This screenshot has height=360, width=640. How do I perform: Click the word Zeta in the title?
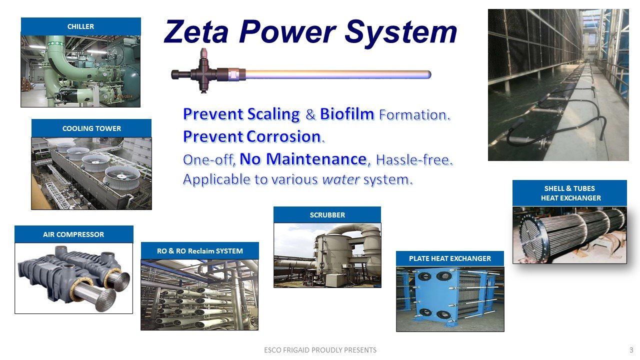[196, 31]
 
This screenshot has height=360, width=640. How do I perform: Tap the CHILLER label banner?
[81, 26]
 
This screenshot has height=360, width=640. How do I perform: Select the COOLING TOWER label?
[91, 128]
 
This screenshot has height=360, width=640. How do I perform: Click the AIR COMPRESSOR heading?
[73, 234]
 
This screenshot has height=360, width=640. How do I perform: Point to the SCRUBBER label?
[327, 215]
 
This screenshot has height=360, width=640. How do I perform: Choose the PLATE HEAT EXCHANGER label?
[449, 258]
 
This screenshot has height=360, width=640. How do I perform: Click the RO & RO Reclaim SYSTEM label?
[199, 251]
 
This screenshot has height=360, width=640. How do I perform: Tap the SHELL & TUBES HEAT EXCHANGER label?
[569, 193]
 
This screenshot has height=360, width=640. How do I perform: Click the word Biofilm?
[347, 114]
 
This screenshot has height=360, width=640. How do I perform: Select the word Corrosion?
[283, 136]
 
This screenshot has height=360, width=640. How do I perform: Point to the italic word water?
[341, 179]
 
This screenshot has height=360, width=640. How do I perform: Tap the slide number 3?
[631, 350]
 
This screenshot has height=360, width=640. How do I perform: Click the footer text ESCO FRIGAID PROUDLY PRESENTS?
[320, 350]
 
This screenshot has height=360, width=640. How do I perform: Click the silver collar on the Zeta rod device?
[233, 74]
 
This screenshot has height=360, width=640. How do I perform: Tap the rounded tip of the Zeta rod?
[428, 74]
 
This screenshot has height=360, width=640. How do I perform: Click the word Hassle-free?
[414, 159]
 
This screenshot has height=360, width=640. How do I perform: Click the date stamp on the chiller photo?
[123, 96]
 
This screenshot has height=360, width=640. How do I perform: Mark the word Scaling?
[273, 114]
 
